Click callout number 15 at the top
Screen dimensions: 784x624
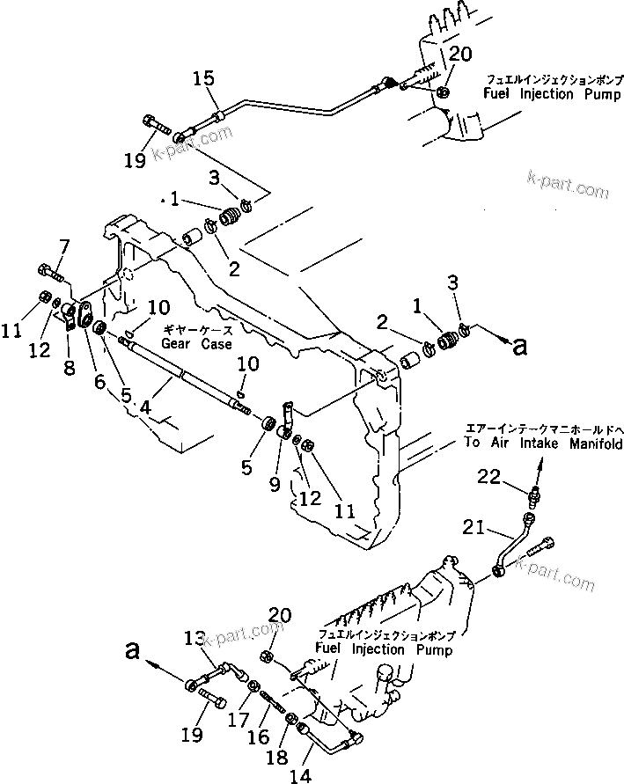[204, 79]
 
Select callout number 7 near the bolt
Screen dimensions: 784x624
[63, 245]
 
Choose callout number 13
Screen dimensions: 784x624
[193, 639]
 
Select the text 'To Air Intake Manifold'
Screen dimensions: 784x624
[543, 443]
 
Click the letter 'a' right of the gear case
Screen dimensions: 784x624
[520, 346]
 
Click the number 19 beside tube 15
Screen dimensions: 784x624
[158, 160]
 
